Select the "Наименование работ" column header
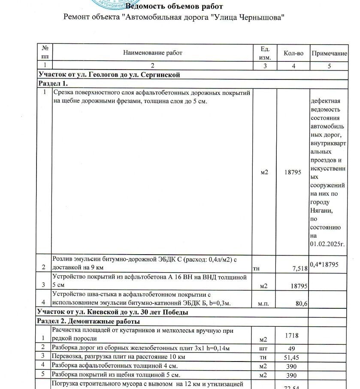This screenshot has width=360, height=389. tap(152, 53)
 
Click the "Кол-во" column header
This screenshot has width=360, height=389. tap(293, 53)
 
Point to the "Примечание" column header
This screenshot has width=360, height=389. tap(329, 54)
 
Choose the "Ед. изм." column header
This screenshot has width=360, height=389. tap(265, 53)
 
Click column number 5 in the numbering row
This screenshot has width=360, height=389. tap(329, 66)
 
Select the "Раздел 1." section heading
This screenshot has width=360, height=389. tap(53, 83)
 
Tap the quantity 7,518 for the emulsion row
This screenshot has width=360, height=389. tap(299, 268)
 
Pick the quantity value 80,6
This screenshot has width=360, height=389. tap(302, 303)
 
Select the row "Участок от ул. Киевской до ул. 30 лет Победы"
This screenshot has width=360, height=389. tap(113, 312)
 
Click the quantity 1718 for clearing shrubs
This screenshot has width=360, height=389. tap(291, 335)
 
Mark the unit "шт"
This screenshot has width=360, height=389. tap(264, 348)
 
